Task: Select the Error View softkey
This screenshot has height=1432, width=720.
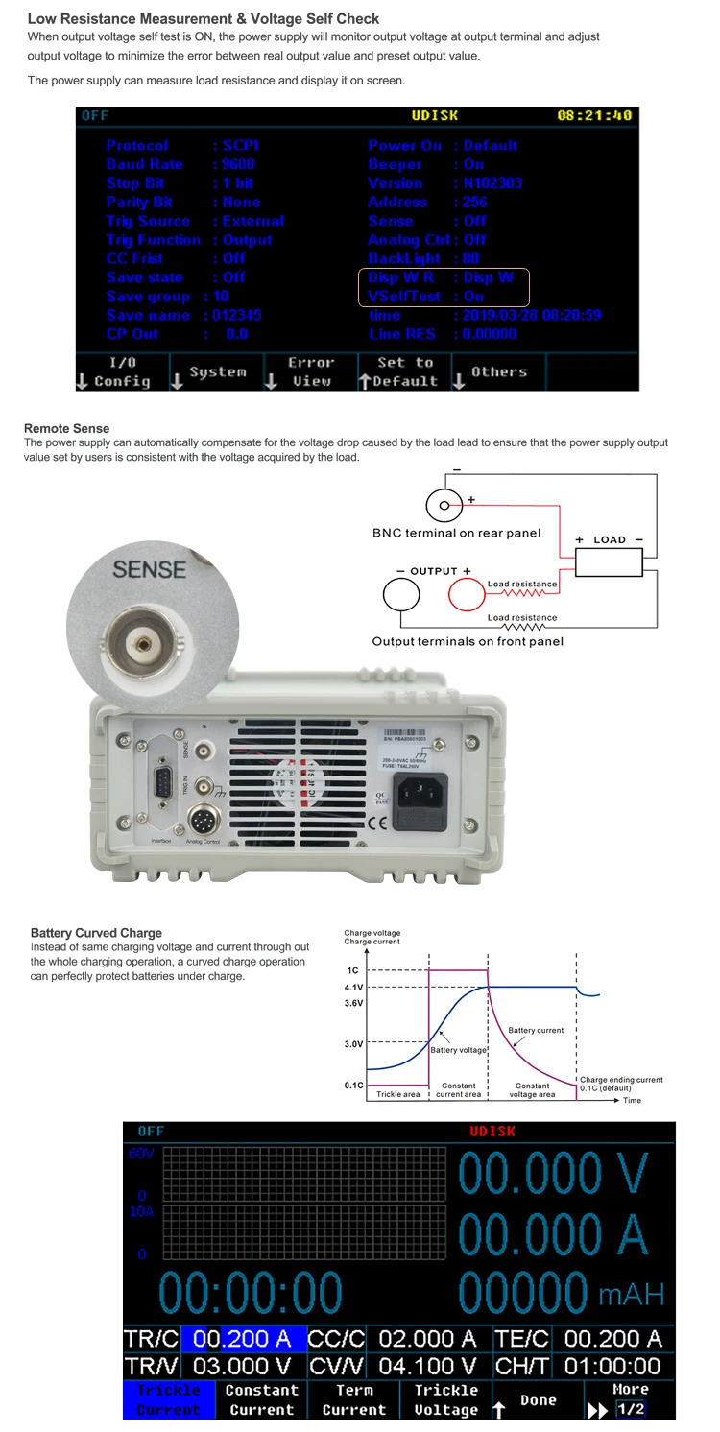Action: (x=311, y=371)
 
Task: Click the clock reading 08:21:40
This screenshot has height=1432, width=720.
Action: (x=594, y=116)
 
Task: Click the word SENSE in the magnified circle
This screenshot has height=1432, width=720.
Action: (x=149, y=569)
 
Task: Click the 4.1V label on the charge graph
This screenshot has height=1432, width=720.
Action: (x=353, y=987)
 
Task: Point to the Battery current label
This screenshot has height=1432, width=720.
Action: (x=536, y=1030)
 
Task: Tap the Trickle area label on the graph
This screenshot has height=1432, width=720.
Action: (x=396, y=1094)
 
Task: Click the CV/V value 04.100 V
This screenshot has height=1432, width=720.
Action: (x=428, y=1366)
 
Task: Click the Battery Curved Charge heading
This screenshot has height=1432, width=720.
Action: (x=96, y=933)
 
